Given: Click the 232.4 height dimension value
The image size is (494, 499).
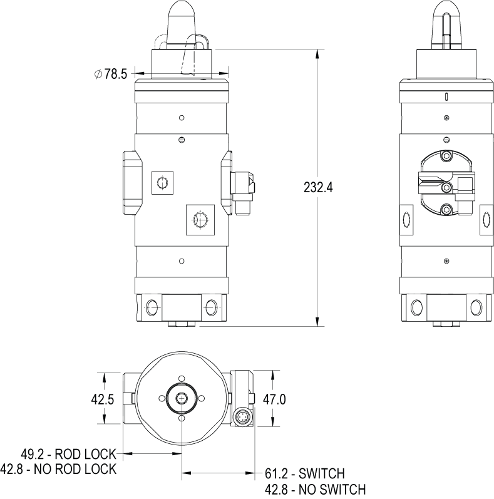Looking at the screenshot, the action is (x=318, y=187).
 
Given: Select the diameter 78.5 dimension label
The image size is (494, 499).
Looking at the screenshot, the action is (x=111, y=74).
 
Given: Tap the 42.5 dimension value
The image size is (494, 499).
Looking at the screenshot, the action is (x=103, y=399).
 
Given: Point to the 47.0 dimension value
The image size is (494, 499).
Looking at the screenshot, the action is (x=274, y=399).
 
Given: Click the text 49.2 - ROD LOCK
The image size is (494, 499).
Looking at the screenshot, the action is (x=69, y=454).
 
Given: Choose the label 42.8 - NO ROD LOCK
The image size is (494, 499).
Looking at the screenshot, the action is (x=58, y=470).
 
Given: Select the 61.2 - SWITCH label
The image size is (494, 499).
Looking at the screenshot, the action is (x=305, y=474).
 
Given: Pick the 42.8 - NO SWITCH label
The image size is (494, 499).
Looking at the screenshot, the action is (x=316, y=490).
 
